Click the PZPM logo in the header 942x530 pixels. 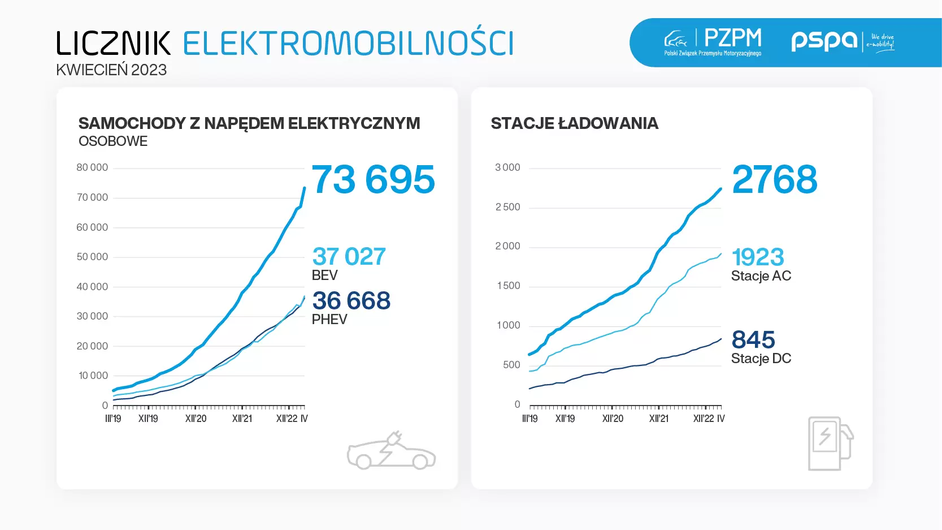pos(713,41)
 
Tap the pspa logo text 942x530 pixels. pos(824,40)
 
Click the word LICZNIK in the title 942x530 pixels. pos(114,44)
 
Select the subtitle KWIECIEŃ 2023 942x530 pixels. pos(111,70)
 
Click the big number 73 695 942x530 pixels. pos(373,180)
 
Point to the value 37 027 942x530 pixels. pos(349,257)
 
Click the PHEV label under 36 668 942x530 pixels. pos(329,320)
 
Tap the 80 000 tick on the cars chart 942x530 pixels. pos(92,168)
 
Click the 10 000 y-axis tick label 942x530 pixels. pos(93,376)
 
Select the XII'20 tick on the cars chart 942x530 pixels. pos(196,419)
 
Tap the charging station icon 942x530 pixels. pos(830,443)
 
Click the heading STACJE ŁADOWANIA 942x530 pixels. pos(574,123)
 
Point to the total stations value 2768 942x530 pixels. pos(774,180)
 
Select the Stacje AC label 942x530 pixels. pos(761,276)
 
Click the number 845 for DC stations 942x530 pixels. pos(753,340)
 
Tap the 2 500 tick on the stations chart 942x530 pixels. pos(507,207)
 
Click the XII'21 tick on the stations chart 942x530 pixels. pos(658,419)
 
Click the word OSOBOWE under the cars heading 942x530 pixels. pos(113,141)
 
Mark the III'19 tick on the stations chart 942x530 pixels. pos(529,419)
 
